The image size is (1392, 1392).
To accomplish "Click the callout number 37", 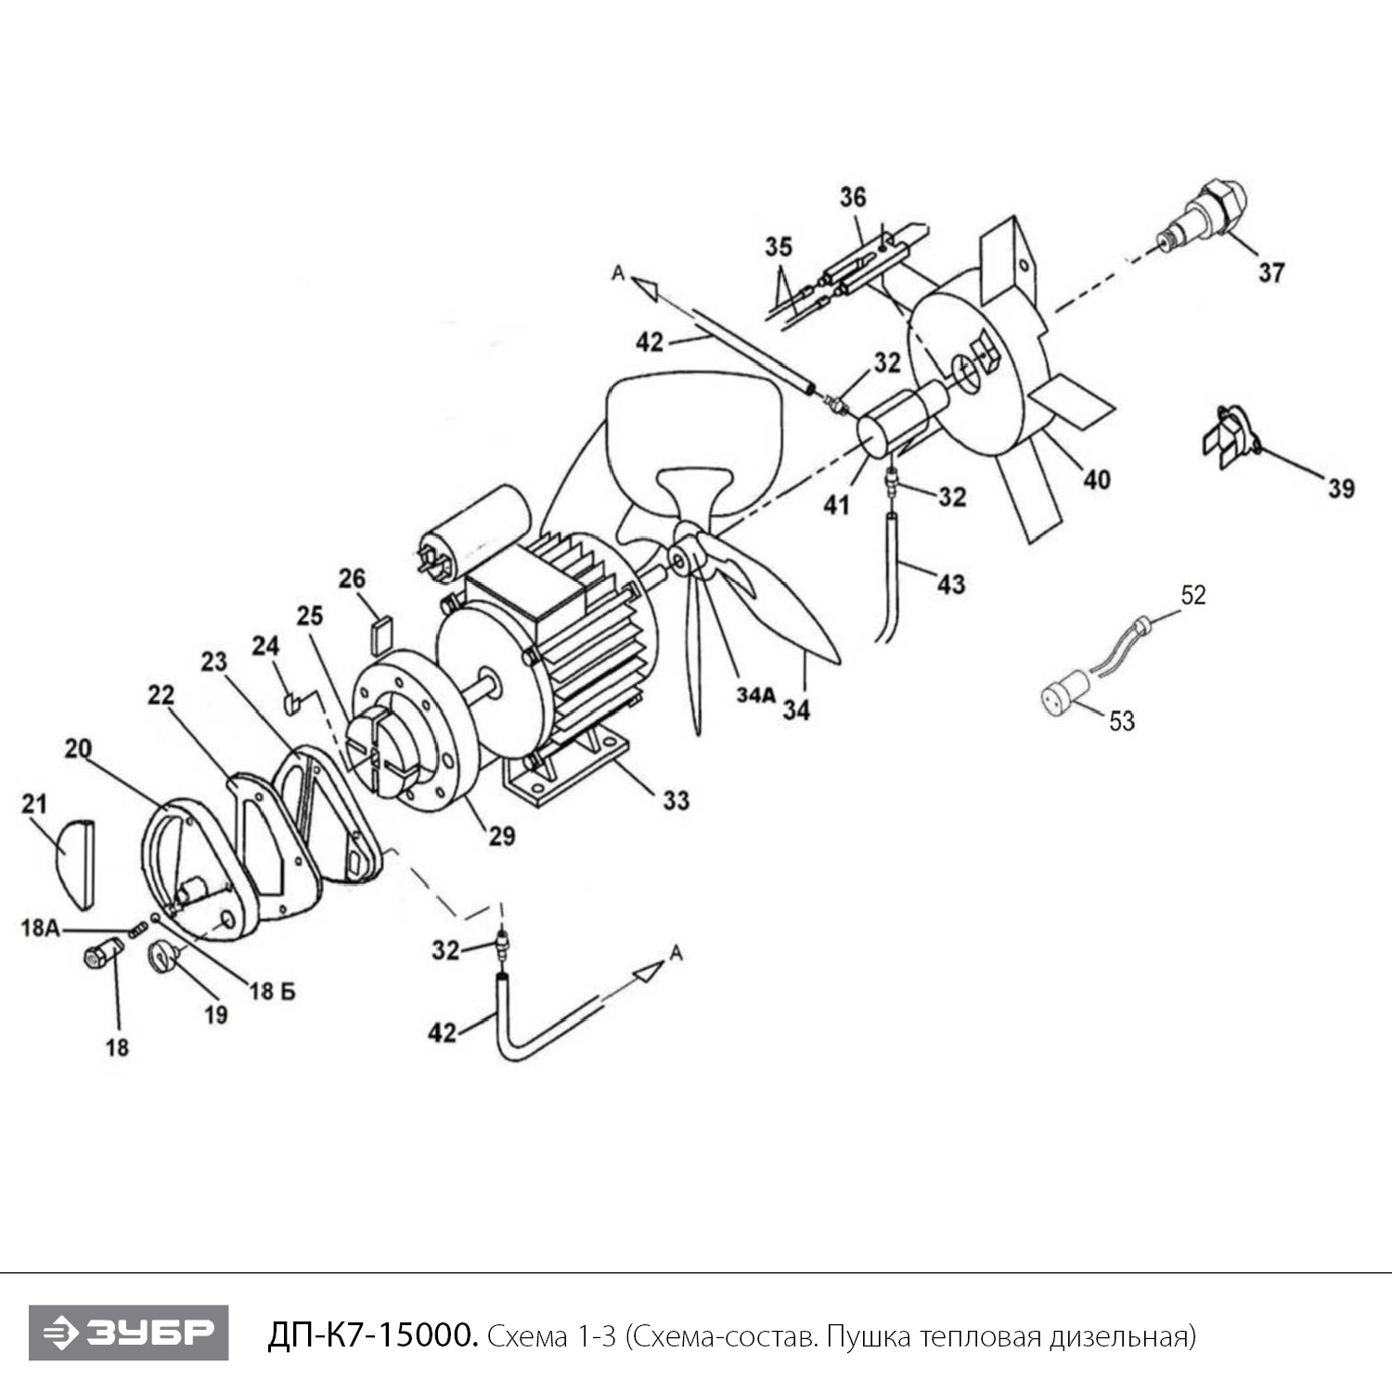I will point(1270,272).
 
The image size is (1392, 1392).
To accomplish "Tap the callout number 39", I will point(1341,488).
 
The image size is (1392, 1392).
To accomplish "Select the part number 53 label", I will point(1122,720).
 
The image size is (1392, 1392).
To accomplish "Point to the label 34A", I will point(755,695).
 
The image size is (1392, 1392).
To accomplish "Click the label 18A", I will point(40,927).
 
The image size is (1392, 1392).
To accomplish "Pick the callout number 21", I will point(34,803).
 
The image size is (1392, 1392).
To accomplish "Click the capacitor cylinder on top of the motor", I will point(471,530).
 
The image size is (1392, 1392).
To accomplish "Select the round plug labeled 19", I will point(162,955).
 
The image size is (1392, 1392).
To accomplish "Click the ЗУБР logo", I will point(128,1333).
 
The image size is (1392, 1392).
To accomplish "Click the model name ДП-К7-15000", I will point(372,1335).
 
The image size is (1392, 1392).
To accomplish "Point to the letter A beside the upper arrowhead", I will point(617,273).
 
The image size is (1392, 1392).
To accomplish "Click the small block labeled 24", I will point(290,700).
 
